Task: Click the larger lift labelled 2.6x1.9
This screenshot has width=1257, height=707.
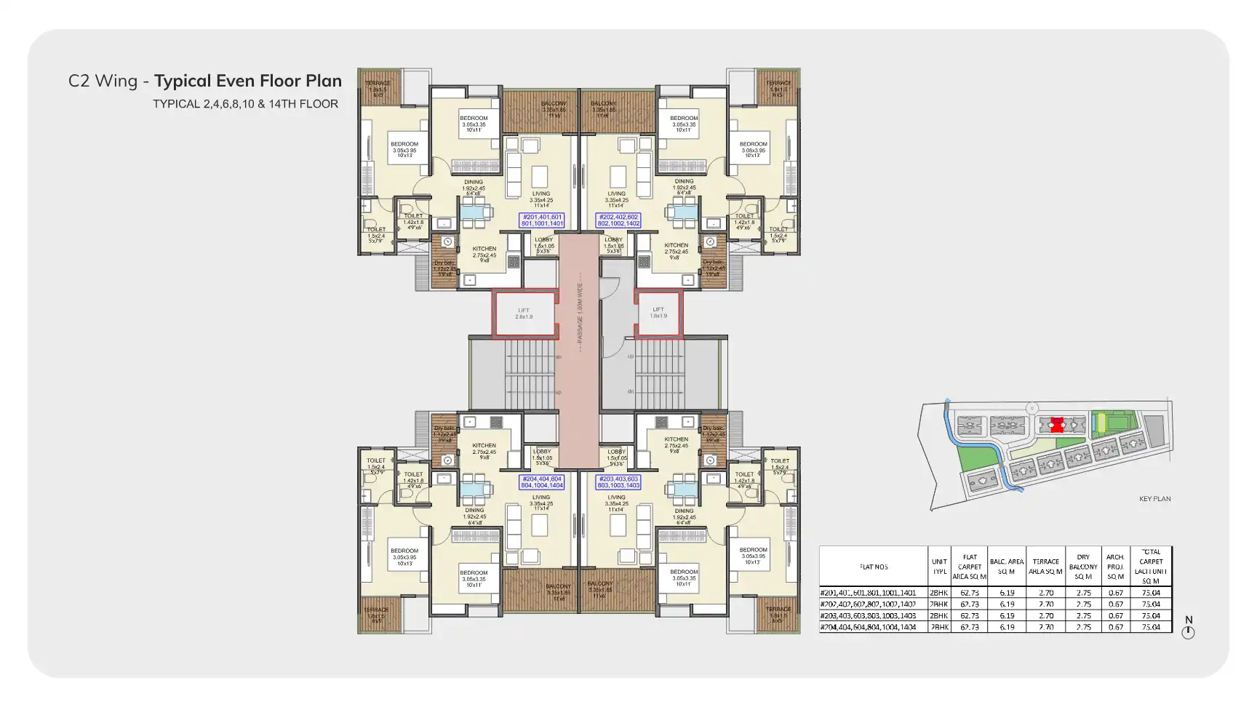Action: point(524,313)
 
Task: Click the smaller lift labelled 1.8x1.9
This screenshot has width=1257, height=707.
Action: point(658,313)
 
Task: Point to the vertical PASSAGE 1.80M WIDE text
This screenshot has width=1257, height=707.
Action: point(580,313)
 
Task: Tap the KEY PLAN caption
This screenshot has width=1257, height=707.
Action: point(1154,499)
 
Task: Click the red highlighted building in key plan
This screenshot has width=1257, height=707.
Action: point(1057,425)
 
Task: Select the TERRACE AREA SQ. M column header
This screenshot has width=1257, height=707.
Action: point(1045,567)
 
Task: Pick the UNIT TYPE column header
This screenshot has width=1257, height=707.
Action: point(939,567)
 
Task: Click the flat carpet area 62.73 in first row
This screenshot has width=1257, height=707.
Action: point(969,593)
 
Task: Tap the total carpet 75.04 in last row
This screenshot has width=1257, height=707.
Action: point(1151,627)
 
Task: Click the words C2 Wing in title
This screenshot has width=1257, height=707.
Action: point(103,81)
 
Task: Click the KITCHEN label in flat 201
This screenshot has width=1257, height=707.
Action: point(484,249)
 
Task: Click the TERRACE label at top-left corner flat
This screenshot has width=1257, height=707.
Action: point(377,83)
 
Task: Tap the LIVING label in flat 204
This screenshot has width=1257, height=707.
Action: point(540,498)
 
